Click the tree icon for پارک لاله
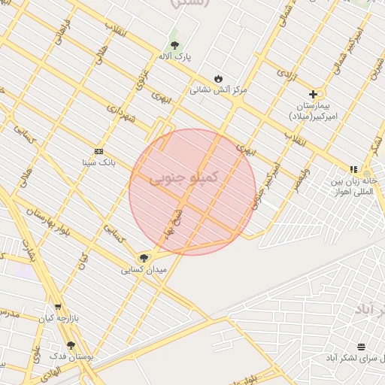pos(174,44)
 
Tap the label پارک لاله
pos(174,56)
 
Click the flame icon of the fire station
pos(218,78)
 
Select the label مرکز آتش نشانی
pos(217,89)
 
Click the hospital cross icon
pos(313,94)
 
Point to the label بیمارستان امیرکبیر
pos(312,111)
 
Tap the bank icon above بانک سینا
pos(99,150)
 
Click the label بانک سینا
pos(99,162)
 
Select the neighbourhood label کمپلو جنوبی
pos(184,177)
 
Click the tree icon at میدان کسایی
pos(144,258)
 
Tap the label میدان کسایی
pos(143,269)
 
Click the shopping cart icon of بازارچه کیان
pos(58,307)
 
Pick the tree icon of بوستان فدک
pos(71,345)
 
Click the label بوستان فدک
pos(71,356)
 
